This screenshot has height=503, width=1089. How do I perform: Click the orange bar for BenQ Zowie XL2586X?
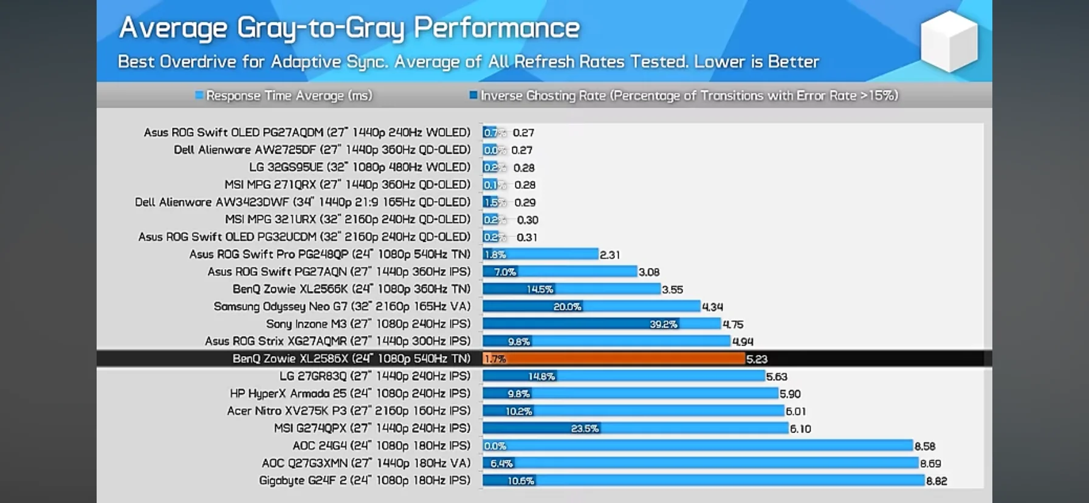click(614, 359)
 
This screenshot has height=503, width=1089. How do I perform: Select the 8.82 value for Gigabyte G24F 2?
click(936, 481)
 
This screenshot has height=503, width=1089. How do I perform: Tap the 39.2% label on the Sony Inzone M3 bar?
click(663, 324)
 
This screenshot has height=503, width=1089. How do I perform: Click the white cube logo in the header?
click(949, 41)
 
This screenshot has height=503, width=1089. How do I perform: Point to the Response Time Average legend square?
click(199, 95)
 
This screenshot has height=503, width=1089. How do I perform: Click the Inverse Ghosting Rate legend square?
click(473, 95)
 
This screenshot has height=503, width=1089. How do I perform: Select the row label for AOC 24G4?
click(381, 446)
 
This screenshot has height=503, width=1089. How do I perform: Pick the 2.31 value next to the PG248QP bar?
click(610, 255)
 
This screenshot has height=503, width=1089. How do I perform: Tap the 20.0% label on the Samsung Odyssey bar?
click(567, 307)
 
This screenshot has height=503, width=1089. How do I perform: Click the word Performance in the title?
click(496, 28)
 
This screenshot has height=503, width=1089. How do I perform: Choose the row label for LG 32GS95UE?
click(359, 167)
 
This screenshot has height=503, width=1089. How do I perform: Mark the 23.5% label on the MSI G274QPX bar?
click(585, 429)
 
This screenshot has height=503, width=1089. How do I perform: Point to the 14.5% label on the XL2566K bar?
click(540, 290)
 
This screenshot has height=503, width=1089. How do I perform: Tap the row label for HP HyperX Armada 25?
click(349, 394)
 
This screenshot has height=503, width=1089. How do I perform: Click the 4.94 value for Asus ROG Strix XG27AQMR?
click(743, 342)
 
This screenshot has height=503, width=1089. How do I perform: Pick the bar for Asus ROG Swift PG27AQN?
click(559, 272)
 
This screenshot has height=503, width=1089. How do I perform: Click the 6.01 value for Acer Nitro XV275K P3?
click(795, 412)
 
